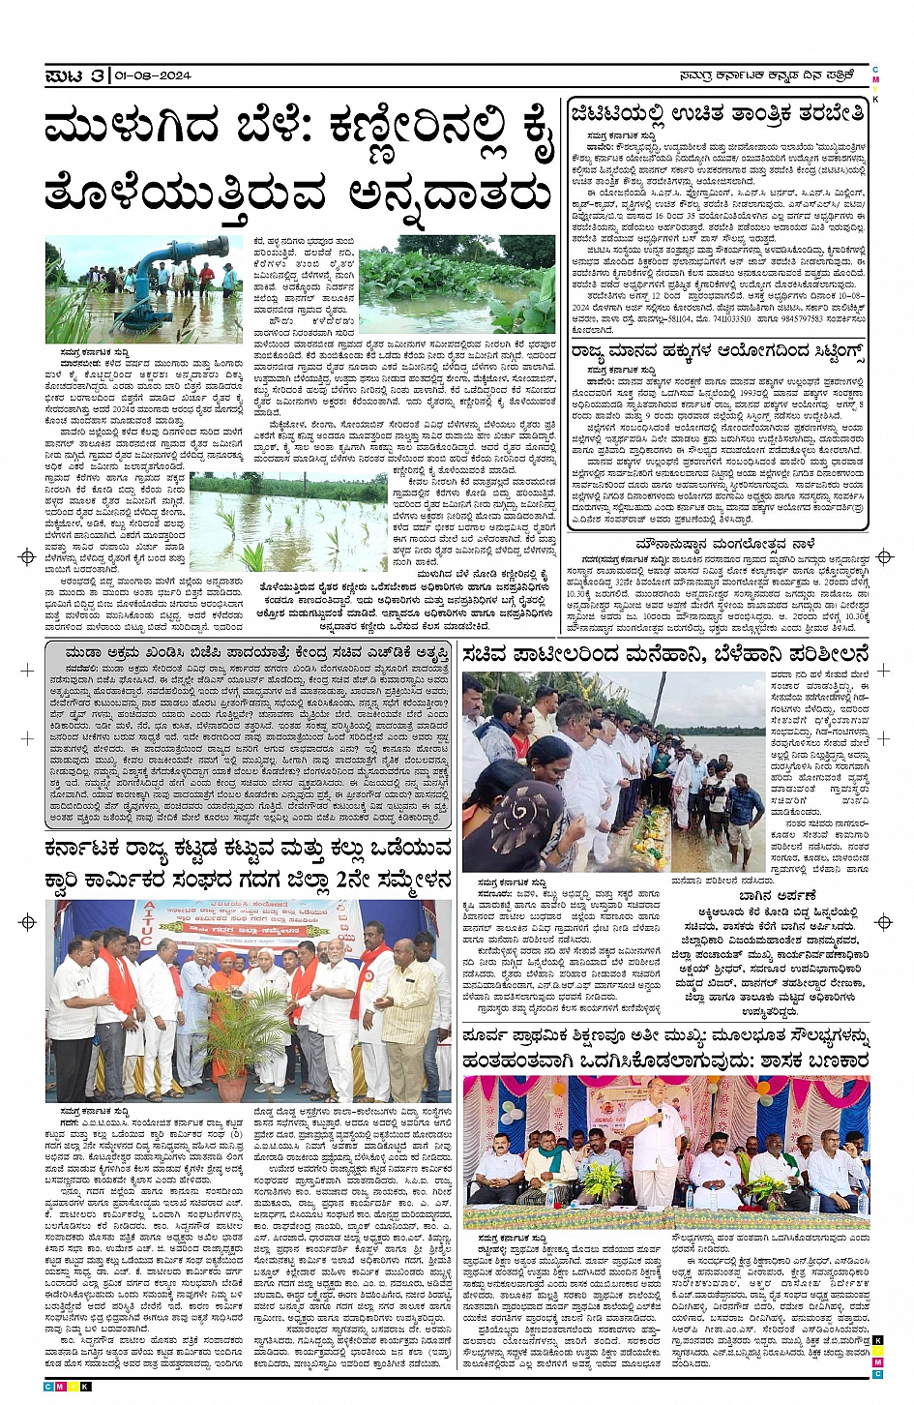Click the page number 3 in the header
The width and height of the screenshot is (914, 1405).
(98, 75)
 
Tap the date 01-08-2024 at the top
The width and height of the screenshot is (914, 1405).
(152, 75)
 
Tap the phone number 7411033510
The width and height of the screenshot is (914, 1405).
(726, 317)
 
